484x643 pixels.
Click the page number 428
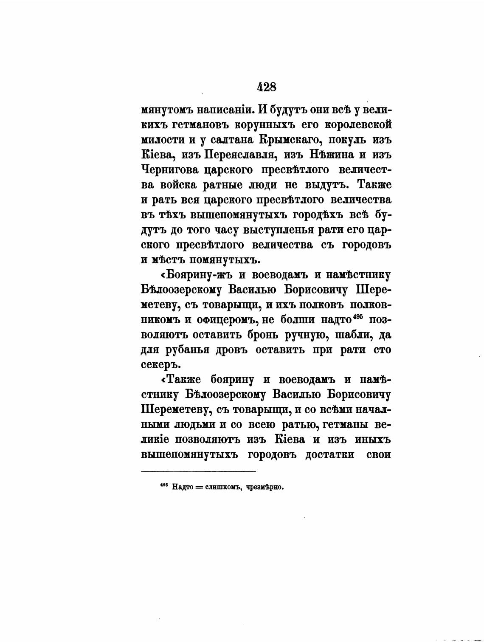(x=267, y=87)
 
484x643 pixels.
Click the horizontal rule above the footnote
(x=198, y=471)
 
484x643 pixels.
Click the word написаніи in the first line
(x=220, y=110)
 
